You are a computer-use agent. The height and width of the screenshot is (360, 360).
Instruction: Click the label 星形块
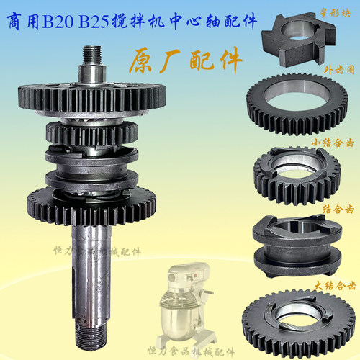pos(338,12)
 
